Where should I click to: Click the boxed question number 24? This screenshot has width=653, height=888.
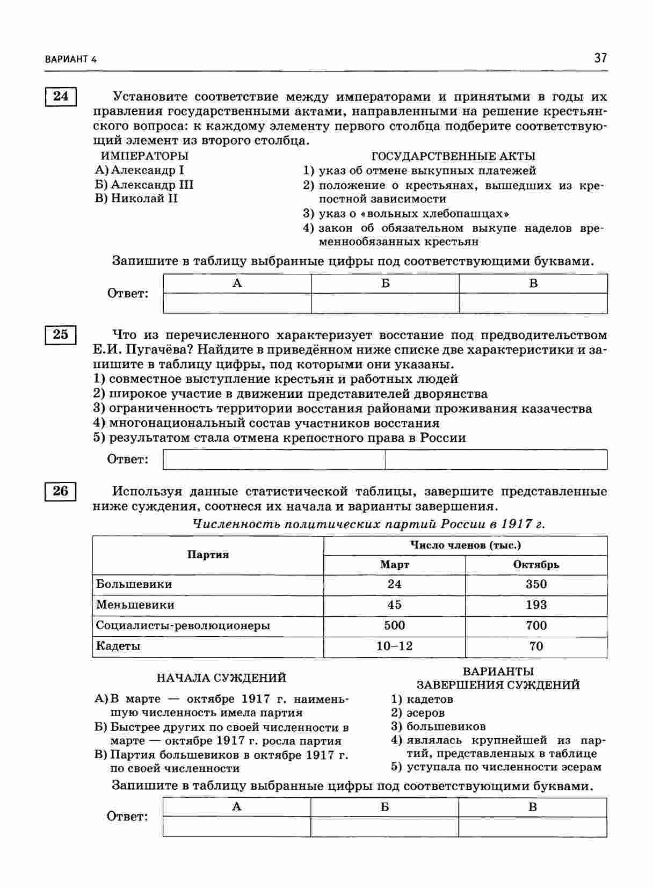[x=61, y=97]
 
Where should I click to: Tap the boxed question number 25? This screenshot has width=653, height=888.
[x=61, y=334]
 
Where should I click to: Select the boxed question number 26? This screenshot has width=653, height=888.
[x=61, y=491]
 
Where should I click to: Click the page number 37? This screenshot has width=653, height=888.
[x=600, y=58]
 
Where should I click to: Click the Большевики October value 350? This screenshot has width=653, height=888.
[x=536, y=584]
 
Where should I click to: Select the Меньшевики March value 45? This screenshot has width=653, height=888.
[x=394, y=605]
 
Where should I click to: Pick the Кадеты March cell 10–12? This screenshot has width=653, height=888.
[x=394, y=646]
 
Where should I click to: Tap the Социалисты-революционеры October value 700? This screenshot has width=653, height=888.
[x=536, y=625]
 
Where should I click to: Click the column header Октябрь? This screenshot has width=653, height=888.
[x=536, y=565]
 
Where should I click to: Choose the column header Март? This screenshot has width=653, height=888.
[x=394, y=565]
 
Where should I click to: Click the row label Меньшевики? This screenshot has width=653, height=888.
[x=135, y=605]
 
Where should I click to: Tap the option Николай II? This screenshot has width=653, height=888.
[x=137, y=199]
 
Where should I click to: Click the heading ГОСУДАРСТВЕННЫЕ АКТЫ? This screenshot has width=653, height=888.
[x=453, y=156]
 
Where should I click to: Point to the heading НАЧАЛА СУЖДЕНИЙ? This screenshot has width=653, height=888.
[x=221, y=678]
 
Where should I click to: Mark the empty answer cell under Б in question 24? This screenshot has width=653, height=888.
[x=385, y=303]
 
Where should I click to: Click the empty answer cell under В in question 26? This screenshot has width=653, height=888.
[x=532, y=827]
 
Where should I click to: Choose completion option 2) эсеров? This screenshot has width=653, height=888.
[x=418, y=713]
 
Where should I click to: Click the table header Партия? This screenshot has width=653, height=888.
[x=208, y=555]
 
